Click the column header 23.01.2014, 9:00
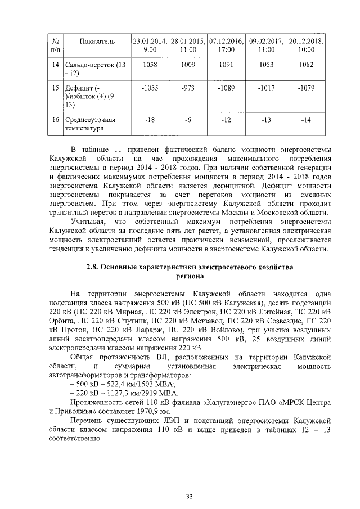click(150, 45)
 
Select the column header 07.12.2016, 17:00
click(226, 45)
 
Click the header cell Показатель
click(97, 41)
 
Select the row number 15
click(55, 88)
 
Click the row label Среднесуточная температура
click(90, 124)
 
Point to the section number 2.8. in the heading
click(93, 268)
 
